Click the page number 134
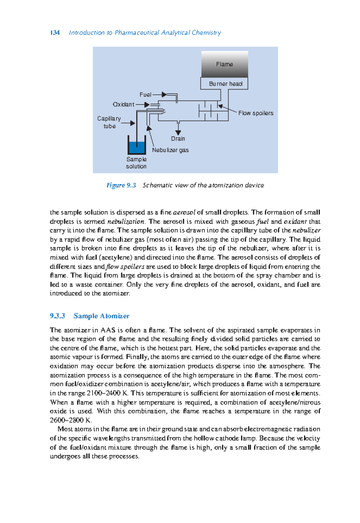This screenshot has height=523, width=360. click(55, 33)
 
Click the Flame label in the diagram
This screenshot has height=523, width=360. click(224, 64)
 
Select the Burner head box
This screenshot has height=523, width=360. click(224, 84)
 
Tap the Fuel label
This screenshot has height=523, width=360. click(145, 95)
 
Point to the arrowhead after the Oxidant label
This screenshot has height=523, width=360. click(147, 105)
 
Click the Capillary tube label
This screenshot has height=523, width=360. click(109, 122)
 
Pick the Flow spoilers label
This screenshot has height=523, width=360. click(256, 113)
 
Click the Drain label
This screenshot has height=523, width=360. click(178, 139)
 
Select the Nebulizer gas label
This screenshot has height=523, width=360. click(170, 150)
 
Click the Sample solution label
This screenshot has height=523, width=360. click(136, 163)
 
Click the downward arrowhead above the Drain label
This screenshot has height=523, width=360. click(178, 132)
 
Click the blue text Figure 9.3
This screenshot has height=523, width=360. click(121, 185)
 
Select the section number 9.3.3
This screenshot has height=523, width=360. click(57, 316)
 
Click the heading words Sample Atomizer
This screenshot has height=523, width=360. click(101, 316)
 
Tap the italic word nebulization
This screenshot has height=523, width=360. click(126, 222)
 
